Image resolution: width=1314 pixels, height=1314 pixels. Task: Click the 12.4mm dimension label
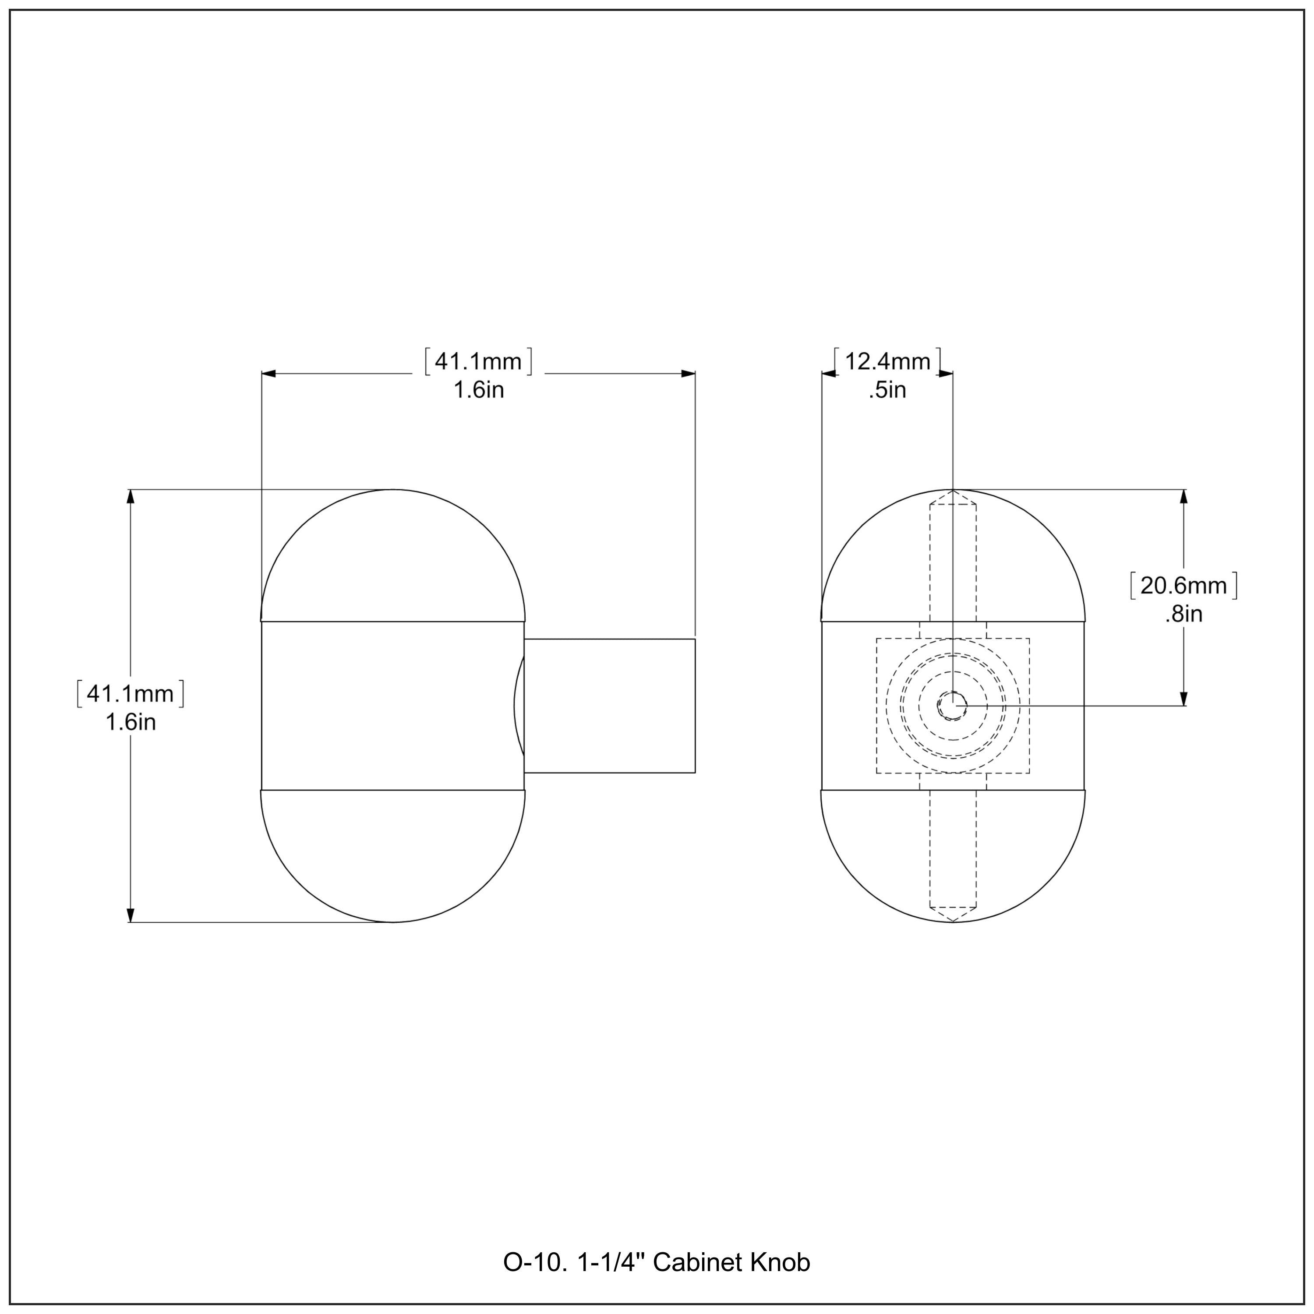click(887, 361)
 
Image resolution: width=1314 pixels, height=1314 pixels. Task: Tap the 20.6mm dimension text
click(1183, 586)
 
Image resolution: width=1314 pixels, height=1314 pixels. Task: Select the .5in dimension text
click(887, 390)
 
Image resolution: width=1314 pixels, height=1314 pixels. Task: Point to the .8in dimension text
click(1183, 614)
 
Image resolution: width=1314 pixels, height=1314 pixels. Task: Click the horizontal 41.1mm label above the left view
click(478, 361)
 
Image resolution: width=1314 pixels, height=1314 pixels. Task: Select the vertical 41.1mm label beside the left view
click(131, 694)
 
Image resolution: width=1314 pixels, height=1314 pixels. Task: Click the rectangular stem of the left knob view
click(609, 706)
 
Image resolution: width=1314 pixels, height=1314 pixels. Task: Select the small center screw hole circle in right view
click(953, 706)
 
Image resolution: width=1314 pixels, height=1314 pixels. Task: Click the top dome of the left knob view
click(393, 558)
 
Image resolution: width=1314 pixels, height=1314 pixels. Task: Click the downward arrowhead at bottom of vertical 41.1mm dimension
click(131, 915)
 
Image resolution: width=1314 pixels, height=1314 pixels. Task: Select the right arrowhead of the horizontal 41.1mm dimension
click(688, 373)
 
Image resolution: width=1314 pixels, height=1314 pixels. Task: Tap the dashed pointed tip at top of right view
click(953, 497)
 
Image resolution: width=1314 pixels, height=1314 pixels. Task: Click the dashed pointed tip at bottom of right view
click(953, 916)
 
